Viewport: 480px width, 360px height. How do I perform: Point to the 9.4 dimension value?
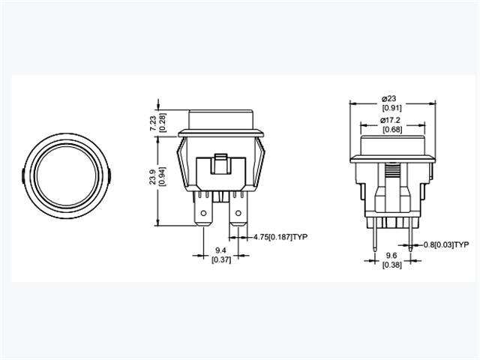click(x=220, y=249)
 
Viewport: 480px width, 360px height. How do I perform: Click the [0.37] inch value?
click(x=220, y=259)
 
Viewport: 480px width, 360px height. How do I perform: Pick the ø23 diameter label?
click(x=389, y=98)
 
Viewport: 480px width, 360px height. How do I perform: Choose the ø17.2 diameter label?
click(x=390, y=120)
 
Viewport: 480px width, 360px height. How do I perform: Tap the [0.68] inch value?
click(x=390, y=130)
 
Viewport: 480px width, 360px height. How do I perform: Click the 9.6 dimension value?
click(x=390, y=254)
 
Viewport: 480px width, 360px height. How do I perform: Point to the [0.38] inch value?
click(x=390, y=265)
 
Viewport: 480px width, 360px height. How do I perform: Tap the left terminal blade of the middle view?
click(x=202, y=214)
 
